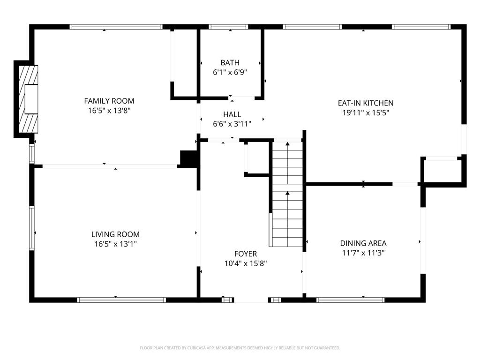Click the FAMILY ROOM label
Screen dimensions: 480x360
pyautogui.click(x=109, y=101)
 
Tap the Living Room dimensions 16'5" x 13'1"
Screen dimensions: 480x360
pyautogui.click(x=115, y=244)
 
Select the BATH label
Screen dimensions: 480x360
pyautogui.click(x=230, y=63)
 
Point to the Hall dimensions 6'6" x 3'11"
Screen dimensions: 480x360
pyautogui.click(x=232, y=124)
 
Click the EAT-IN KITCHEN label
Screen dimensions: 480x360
pyautogui.click(x=366, y=103)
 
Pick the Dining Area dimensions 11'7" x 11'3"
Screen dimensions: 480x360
pyautogui.click(x=363, y=253)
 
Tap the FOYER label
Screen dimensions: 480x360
pyautogui.click(x=246, y=254)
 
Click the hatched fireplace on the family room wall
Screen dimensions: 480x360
pyautogui.click(x=28, y=99)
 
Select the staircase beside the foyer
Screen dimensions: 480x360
pyautogui.click(x=287, y=194)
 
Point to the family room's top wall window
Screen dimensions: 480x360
pyautogui.click(x=116, y=27)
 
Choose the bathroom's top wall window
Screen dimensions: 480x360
pyautogui.click(x=228, y=27)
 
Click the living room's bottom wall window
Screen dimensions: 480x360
pyautogui.click(x=121, y=300)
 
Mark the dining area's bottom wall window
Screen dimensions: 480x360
pyautogui.click(x=351, y=300)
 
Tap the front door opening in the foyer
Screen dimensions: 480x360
pyautogui.click(x=251, y=300)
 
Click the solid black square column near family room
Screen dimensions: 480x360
pyautogui.click(x=189, y=159)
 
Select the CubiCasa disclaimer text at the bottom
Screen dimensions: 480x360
pyautogui.click(x=240, y=348)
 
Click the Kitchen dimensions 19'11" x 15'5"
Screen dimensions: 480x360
pyautogui.click(x=366, y=112)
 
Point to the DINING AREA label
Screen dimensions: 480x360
pyautogui.click(x=363, y=243)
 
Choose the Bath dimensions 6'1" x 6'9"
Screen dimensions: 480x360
pyautogui.click(x=230, y=73)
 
